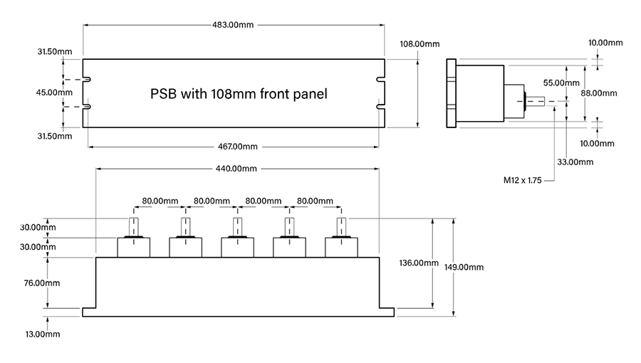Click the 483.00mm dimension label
point(234,25)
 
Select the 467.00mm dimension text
point(234,147)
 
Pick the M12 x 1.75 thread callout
point(523,181)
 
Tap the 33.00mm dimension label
point(575,162)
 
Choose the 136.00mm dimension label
point(419,263)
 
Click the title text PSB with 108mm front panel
point(239,93)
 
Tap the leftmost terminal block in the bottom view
point(133,247)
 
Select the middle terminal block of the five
point(237,247)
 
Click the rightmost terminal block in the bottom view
point(341,247)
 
